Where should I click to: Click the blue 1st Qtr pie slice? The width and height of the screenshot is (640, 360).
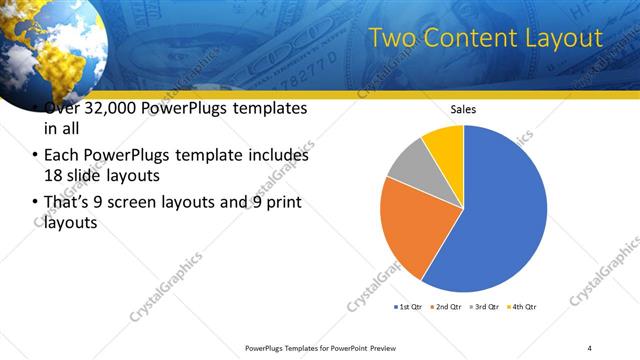pyautogui.click(x=505, y=210)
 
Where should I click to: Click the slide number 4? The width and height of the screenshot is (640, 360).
pyautogui.click(x=590, y=347)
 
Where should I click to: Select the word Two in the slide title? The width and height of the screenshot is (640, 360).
pyautogui.click(x=391, y=39)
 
